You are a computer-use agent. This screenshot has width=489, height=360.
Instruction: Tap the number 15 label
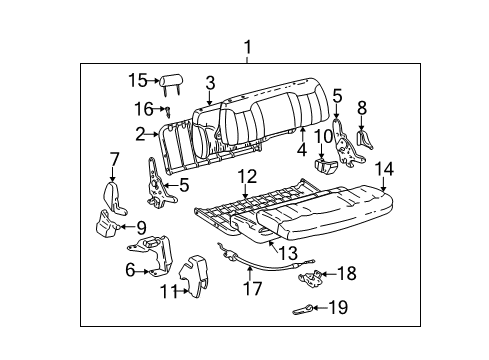(138, 81)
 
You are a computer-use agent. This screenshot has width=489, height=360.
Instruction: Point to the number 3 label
(210, 83)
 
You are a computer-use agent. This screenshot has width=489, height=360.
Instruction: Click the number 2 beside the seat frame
(141, 132)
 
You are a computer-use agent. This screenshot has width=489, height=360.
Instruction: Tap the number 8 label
(362, 107)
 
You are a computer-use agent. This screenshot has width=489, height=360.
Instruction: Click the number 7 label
(114, 157)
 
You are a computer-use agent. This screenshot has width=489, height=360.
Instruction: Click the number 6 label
(131, 269)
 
